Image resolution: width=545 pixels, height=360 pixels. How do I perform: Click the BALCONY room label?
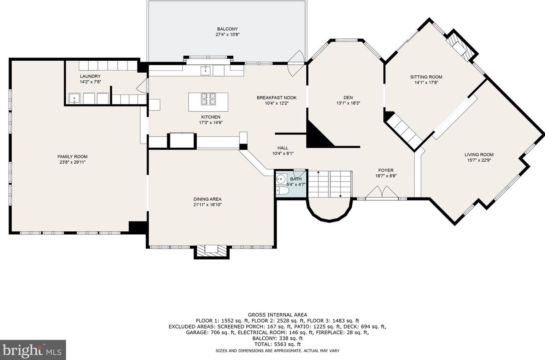pyautogui.click(x=227, y=29)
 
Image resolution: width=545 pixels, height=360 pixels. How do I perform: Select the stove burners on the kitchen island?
pyautogui.click(x=208, y=99)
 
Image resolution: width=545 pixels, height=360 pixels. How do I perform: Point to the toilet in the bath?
pyautogui.click(x=282, y=190)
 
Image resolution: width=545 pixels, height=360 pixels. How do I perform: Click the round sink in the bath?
pyautogui.click(x=281, y=179)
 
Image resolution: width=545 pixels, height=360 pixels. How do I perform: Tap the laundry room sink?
pyautogui.click(x=74, y=99)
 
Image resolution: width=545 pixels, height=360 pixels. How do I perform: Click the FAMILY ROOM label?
pyautogui.click(x=73, y=157)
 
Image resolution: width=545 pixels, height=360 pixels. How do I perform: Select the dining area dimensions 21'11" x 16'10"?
pyautogui.click(x=208, y=205)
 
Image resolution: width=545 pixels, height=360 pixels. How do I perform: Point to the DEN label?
pyautogui.click(x=348, y=97)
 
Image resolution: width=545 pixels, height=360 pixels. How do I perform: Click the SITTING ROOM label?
pyautogui.click(x=426, y=77)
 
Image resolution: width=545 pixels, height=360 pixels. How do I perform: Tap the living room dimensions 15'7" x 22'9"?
pyautogui.click(x=479, y=160)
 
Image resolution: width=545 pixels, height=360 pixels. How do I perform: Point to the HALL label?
pyautogui.click(x=283, y=148)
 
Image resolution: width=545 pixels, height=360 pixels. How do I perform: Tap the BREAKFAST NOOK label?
pyautogui.click(x=277, y=98)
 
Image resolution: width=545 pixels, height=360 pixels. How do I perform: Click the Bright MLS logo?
pyautogui.click(x=33, y=350)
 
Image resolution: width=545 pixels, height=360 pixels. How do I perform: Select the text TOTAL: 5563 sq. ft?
pyautogui.click(x=278, y=344)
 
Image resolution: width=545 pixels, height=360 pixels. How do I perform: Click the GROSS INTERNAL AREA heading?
pyautogui.click(x=278, y=315)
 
